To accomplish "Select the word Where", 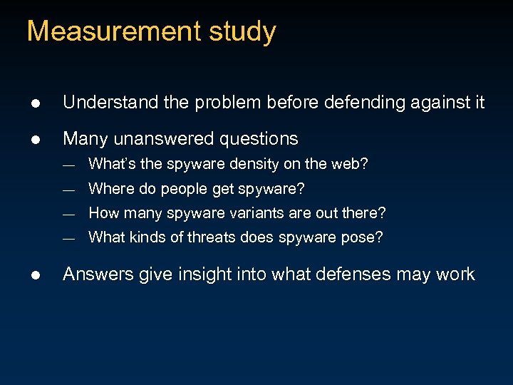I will [108, 189].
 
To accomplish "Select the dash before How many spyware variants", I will [68, 214].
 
